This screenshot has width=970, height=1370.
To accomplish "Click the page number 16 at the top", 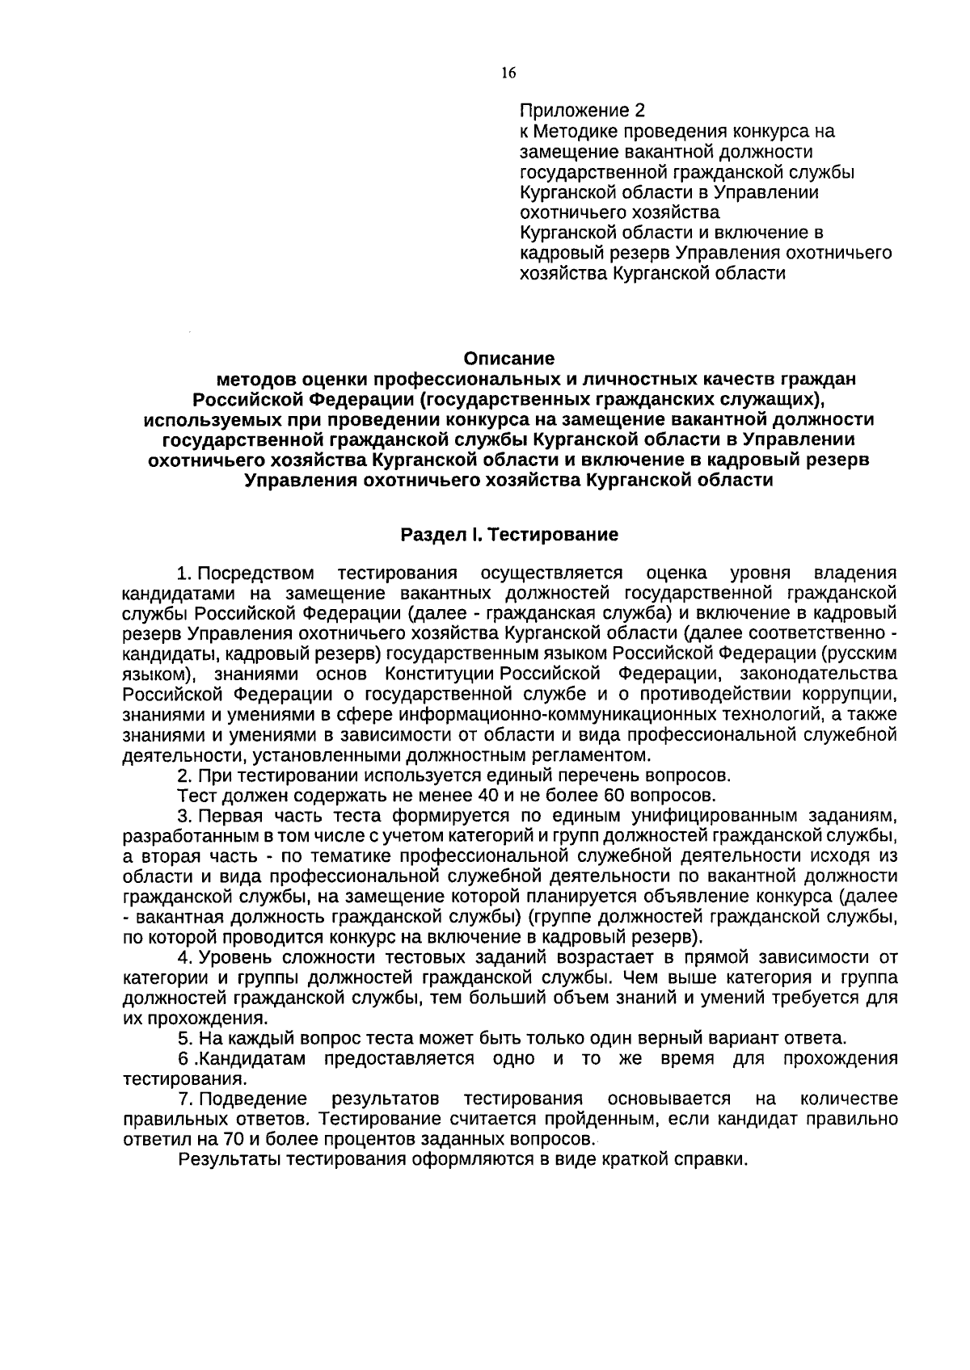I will click(x=508, y=73).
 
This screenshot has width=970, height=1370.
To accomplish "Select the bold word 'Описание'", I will click(x=508, y=357).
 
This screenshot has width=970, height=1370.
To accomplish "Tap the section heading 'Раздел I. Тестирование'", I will click(x=509, y=535).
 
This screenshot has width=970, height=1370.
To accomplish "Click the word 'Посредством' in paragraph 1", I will click(x=256, y=574).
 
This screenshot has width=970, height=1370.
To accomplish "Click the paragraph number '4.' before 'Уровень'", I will click(x=184, y=958).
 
